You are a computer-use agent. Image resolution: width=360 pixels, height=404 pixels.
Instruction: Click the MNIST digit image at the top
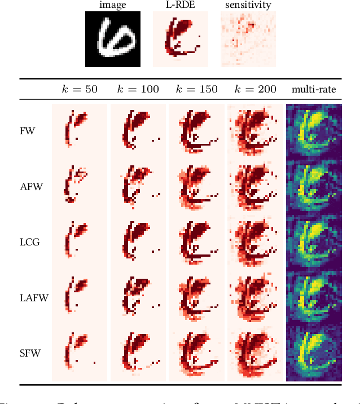[x=113, y=39]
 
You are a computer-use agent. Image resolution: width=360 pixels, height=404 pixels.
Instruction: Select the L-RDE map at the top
[x=181, y=39]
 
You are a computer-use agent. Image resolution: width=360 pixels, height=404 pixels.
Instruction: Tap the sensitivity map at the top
[x=248, y=39]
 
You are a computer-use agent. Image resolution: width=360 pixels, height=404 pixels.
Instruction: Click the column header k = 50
[x=80, y=89]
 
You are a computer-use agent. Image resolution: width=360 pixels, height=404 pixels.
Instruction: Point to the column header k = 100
[x=138, y=89]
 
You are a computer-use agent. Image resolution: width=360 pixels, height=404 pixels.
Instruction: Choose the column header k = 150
[x=196, y=89]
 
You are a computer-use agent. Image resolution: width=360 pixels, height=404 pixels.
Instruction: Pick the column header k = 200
[x=255, y=89]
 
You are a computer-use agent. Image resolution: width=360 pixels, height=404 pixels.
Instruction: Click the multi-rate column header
[x=313, y=89]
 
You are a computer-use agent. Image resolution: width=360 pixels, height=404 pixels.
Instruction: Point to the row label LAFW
[x=32, y=297]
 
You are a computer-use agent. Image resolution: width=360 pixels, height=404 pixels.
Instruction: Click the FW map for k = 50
[x=80, y=131]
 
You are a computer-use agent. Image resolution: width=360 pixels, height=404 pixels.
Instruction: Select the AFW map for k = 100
[x=138, y=186]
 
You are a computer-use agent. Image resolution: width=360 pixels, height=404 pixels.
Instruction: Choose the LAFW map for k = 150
[x=196, y=297]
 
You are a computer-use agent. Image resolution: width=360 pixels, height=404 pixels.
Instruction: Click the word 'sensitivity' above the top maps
[x=248, y=5]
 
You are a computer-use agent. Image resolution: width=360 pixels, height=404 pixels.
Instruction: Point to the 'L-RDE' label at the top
[x=181, y=5]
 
